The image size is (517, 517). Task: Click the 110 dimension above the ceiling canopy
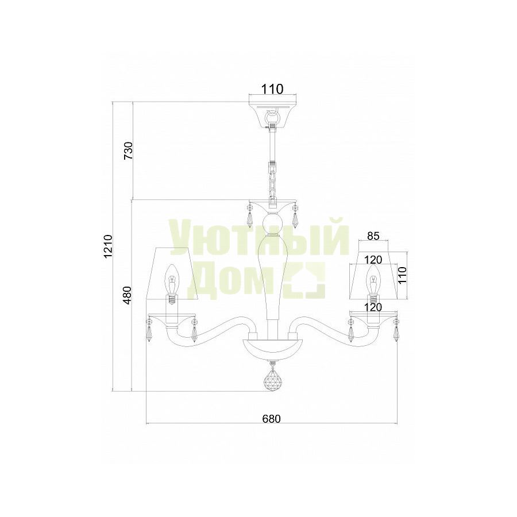coord(272,89)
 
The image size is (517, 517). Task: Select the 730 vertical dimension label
coord(128,151)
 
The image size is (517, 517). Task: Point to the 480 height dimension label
coord(128,296)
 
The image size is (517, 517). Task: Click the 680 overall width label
coord(271,419)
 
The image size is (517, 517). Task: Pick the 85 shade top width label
coord(373,236)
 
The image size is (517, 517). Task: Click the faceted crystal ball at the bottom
coord(273,379)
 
